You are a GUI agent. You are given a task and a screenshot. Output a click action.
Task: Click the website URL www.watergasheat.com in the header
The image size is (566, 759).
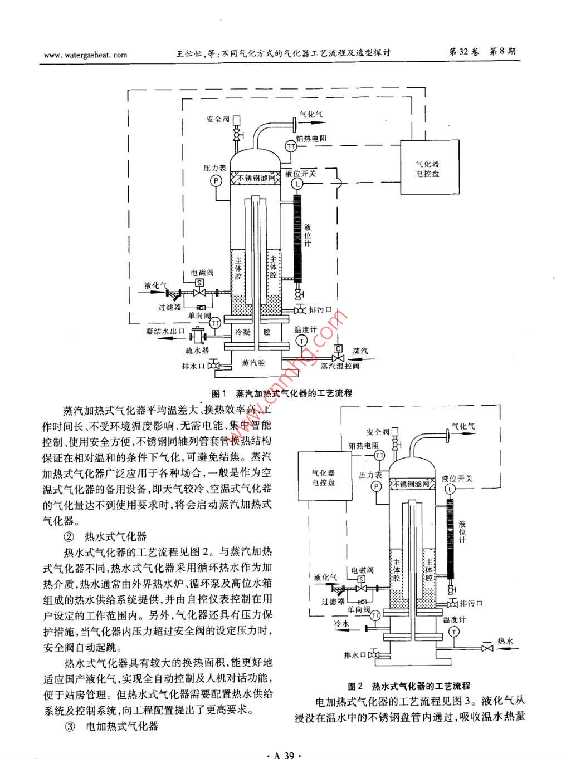pos(85,55)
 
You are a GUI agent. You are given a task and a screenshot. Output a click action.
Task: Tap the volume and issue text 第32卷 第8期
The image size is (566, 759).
pos(482,52)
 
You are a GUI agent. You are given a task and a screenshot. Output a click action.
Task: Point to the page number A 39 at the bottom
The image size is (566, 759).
pos(284,755)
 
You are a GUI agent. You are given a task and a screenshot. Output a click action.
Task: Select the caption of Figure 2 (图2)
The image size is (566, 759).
pos(409,686)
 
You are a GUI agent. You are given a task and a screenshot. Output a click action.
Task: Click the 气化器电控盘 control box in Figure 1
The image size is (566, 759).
pos(427,169)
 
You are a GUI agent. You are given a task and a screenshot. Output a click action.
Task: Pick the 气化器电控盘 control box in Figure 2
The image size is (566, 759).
pos(324,477)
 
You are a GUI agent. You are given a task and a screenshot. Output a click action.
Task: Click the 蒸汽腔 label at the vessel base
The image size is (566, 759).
pos(253,363)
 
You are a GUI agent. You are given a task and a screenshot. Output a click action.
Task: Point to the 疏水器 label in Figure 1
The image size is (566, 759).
pos(197,351)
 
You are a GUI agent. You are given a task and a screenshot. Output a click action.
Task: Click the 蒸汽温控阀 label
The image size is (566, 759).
pos(340,366)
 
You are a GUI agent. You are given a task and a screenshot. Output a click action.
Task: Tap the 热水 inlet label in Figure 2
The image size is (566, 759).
pos(505,641)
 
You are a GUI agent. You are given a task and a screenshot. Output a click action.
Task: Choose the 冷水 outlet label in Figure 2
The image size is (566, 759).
pos(341,624)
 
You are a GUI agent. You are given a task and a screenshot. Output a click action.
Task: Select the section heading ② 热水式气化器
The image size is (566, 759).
pos(105,537)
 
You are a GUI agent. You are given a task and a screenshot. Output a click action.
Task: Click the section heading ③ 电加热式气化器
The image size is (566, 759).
pos(112,727)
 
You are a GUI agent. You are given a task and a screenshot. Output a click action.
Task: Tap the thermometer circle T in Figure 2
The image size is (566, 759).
pos(455,631)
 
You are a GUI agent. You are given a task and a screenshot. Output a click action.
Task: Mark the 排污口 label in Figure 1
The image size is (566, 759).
pos(320,310)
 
